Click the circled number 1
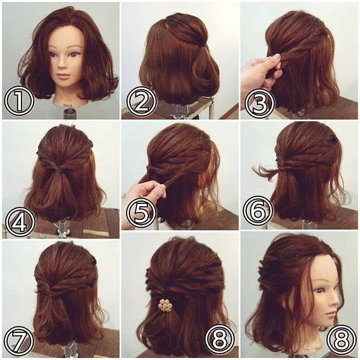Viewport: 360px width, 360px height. click(19, 100)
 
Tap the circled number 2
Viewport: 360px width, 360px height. click(141, 100)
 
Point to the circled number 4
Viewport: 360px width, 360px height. click(20, 222)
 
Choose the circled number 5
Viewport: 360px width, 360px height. click(141, 212)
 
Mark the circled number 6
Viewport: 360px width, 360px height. click(258, 211)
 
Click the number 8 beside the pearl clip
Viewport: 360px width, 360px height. click(220, 339)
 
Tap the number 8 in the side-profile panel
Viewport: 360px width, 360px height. click(341, 339)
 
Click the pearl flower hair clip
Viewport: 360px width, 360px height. click(165, 305)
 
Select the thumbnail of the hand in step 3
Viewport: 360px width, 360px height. click(277, 56)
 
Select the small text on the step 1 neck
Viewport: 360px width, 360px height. click(67, 105)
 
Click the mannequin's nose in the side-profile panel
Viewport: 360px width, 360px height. click(336, 299)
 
